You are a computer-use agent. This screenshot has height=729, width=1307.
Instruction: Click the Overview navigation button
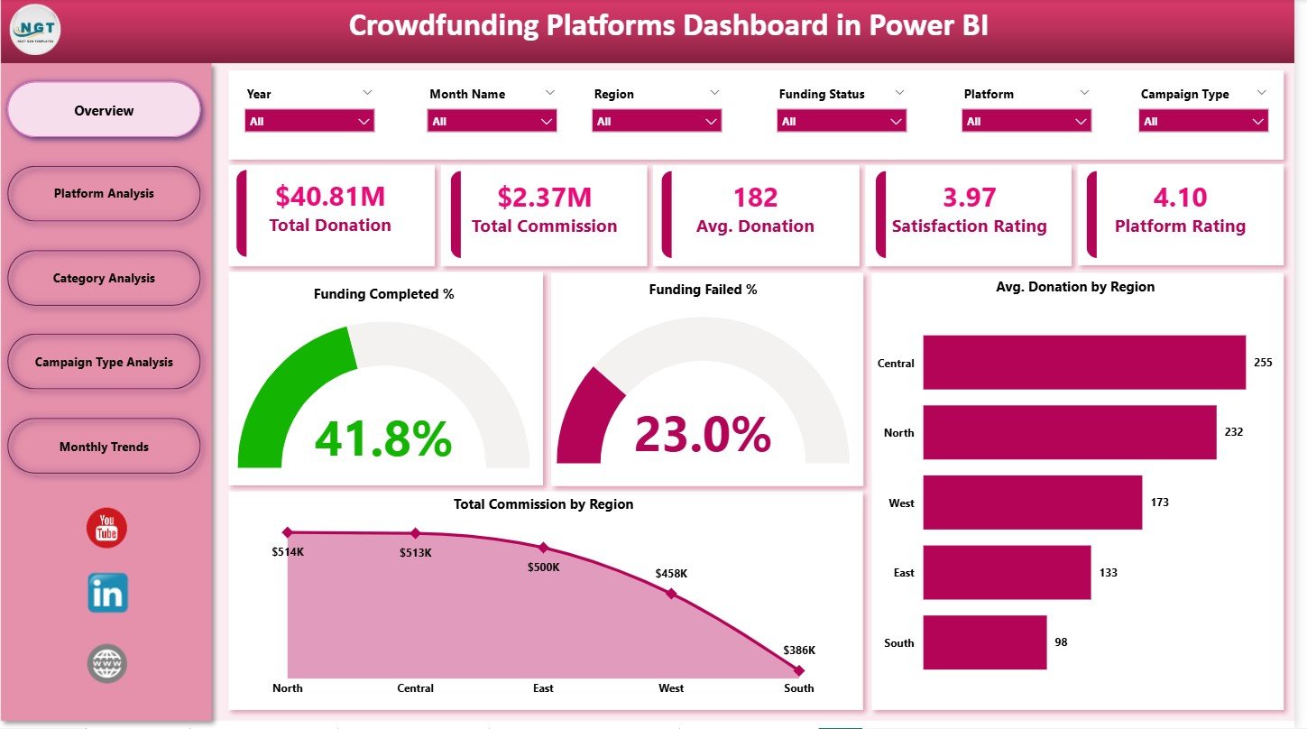click(x=104, y=110)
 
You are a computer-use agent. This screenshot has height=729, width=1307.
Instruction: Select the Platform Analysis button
click(x=104, y=193)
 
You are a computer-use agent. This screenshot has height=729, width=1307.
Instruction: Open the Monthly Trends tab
click(x=104, y=447)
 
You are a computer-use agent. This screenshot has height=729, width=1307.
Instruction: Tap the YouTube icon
click(x=107, y=528)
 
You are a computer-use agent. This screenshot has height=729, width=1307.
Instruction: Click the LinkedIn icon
click(x=107, y=594)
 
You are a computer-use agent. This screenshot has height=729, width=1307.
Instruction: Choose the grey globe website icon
click(x=107, y=663)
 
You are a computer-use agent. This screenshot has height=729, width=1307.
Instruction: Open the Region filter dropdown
click(x=656, y=121)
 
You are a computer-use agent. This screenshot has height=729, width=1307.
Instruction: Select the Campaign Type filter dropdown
click(x=1203, y=121)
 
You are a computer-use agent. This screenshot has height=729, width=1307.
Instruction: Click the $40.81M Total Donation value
click(x=329, y=197)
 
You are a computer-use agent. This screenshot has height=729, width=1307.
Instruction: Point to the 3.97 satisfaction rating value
click(x=969, y=197)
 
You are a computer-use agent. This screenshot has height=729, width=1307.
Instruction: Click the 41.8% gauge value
click(x=382, y=438)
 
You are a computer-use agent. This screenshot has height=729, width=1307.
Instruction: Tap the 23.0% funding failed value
click(x=703, y=434)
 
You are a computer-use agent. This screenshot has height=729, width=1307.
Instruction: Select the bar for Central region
click(x=1083, y=363)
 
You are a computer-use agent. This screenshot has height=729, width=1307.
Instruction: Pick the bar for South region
click(x=984, y=642)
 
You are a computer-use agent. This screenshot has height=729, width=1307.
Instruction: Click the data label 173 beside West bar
click(x=1159, y=502)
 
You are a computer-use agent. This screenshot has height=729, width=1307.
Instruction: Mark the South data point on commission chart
click(x=798, y=670)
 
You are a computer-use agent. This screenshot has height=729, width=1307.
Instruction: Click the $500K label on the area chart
click(x=543, y=567)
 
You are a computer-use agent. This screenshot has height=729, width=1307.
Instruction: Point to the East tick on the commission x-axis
click(x=543, y=687)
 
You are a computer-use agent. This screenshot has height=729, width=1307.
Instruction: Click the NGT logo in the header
click(x=35, y=29)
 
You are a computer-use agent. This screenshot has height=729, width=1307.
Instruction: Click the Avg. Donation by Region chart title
click(x=1075, y=287)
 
